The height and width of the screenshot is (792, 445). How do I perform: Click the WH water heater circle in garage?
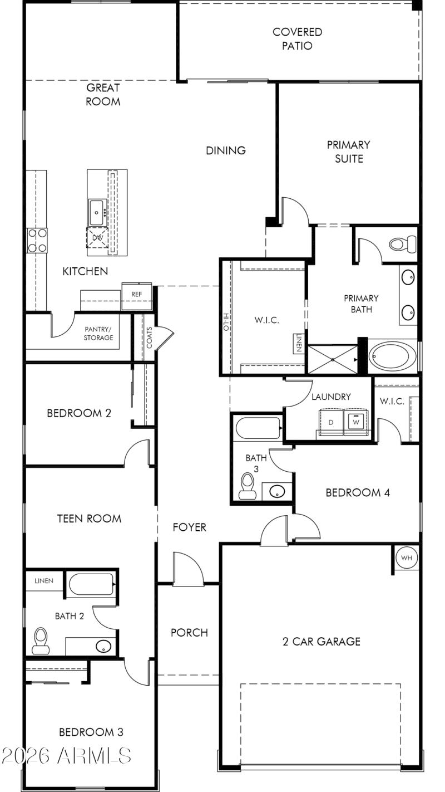click(x=406, y=558)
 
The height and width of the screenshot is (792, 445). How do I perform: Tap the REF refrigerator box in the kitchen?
click(x=136, y=294)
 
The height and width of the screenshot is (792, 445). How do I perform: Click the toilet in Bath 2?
click(x=40, y=640)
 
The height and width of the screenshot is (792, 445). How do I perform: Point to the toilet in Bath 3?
click(x=245, y=486)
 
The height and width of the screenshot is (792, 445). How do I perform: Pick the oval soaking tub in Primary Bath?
click(x=393, y=357)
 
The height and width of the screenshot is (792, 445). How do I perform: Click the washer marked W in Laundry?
click(x=354, y=422)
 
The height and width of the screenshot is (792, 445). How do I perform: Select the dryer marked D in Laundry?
click(x=330, y=422)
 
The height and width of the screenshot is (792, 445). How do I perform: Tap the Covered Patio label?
click(x=297, y=39)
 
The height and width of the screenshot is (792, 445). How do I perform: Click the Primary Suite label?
click(x=348, y=151)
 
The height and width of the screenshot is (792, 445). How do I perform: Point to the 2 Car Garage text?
click(x=321, y=642)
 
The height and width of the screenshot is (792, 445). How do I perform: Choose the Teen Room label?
click(x=89, y=519)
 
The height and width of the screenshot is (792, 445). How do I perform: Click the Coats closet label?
click(x=149, y=338)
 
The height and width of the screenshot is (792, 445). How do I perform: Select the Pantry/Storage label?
click(x=98, y=334)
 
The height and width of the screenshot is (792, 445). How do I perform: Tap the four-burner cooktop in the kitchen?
click(x=37, y=241)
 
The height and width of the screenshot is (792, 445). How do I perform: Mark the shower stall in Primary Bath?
click(x=332, y=359)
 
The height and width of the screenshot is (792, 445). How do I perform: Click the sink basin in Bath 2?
click(x=103, y=647)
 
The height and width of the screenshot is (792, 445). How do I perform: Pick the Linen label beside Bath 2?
click(x=44, y=581)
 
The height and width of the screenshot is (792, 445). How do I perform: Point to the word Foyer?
click(x=189, y=527)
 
